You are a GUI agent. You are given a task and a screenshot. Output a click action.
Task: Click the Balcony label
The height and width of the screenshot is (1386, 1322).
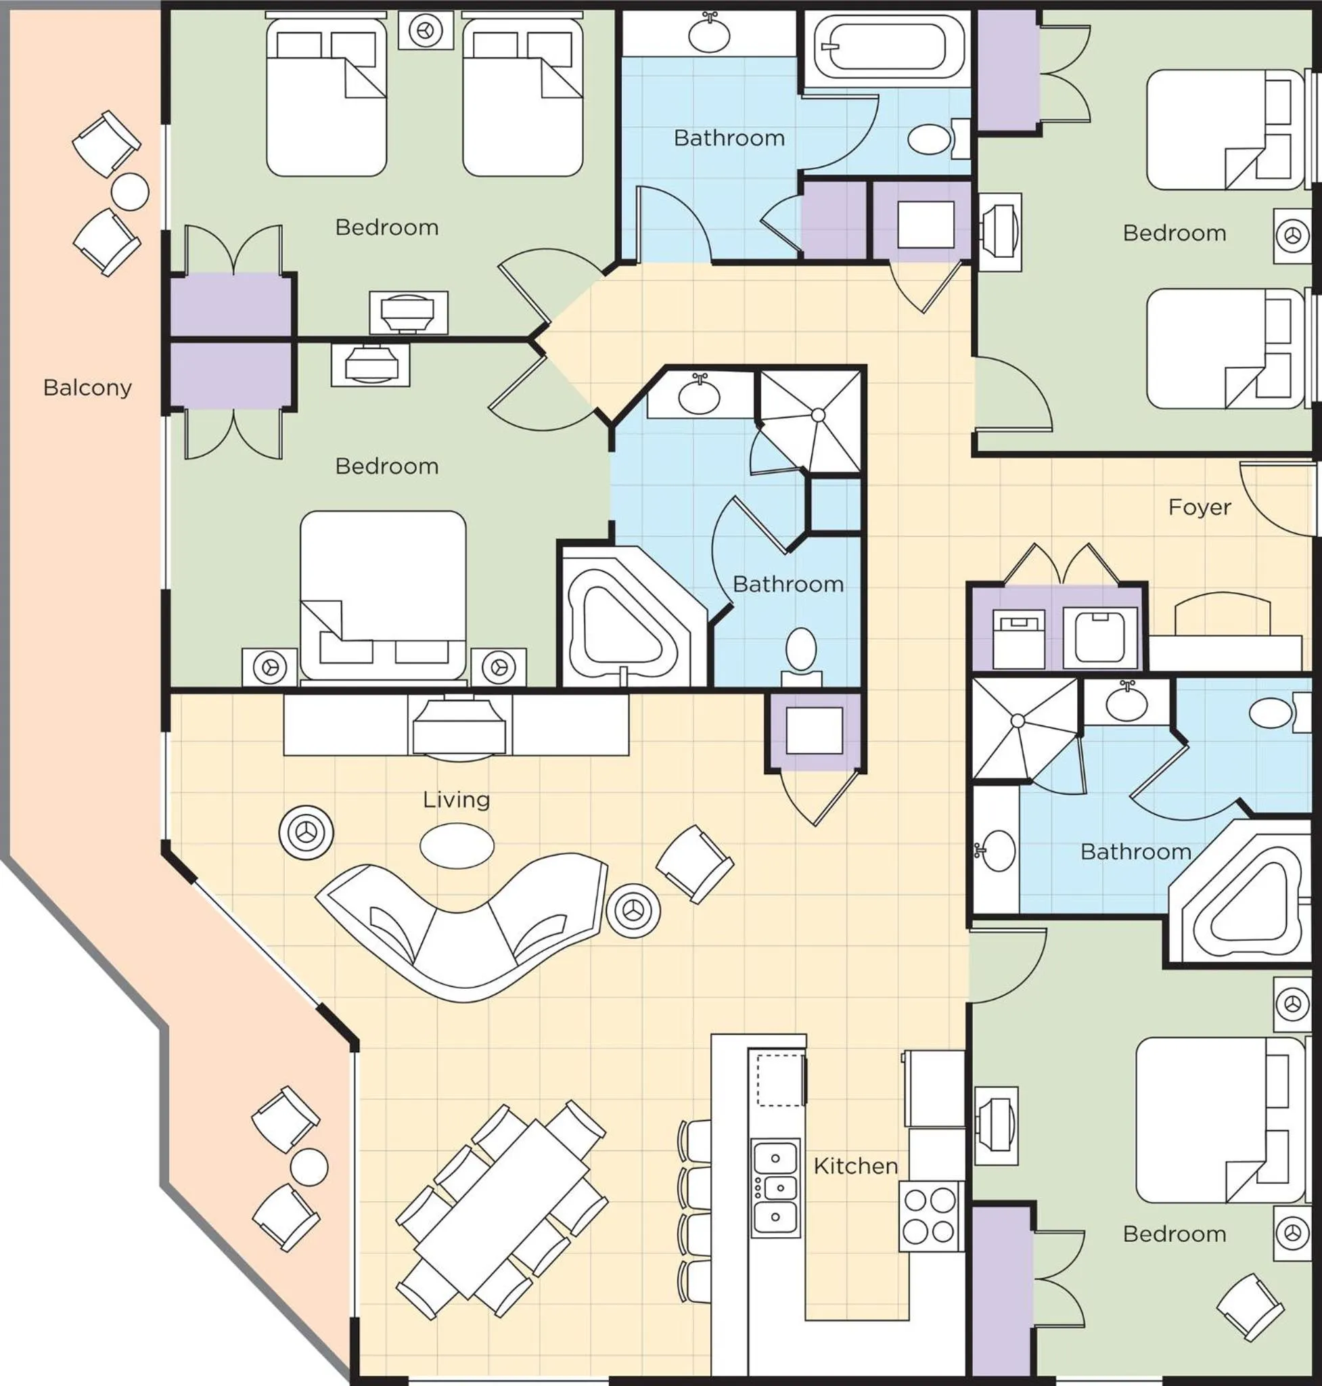87,388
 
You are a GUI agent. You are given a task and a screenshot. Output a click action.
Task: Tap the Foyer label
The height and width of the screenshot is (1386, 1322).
1200,507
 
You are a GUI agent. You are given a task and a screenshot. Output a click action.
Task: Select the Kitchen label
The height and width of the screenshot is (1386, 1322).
855,1165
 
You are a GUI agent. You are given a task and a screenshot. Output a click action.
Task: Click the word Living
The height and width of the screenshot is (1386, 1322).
456,799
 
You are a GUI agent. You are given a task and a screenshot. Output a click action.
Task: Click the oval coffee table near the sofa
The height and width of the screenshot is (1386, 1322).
457,845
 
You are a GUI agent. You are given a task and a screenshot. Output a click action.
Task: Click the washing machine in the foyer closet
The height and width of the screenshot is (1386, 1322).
1099,638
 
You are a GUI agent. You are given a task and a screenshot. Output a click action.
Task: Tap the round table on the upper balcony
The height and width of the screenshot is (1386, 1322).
131,191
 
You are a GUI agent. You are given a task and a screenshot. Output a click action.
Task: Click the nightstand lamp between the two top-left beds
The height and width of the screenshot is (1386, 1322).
425,30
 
